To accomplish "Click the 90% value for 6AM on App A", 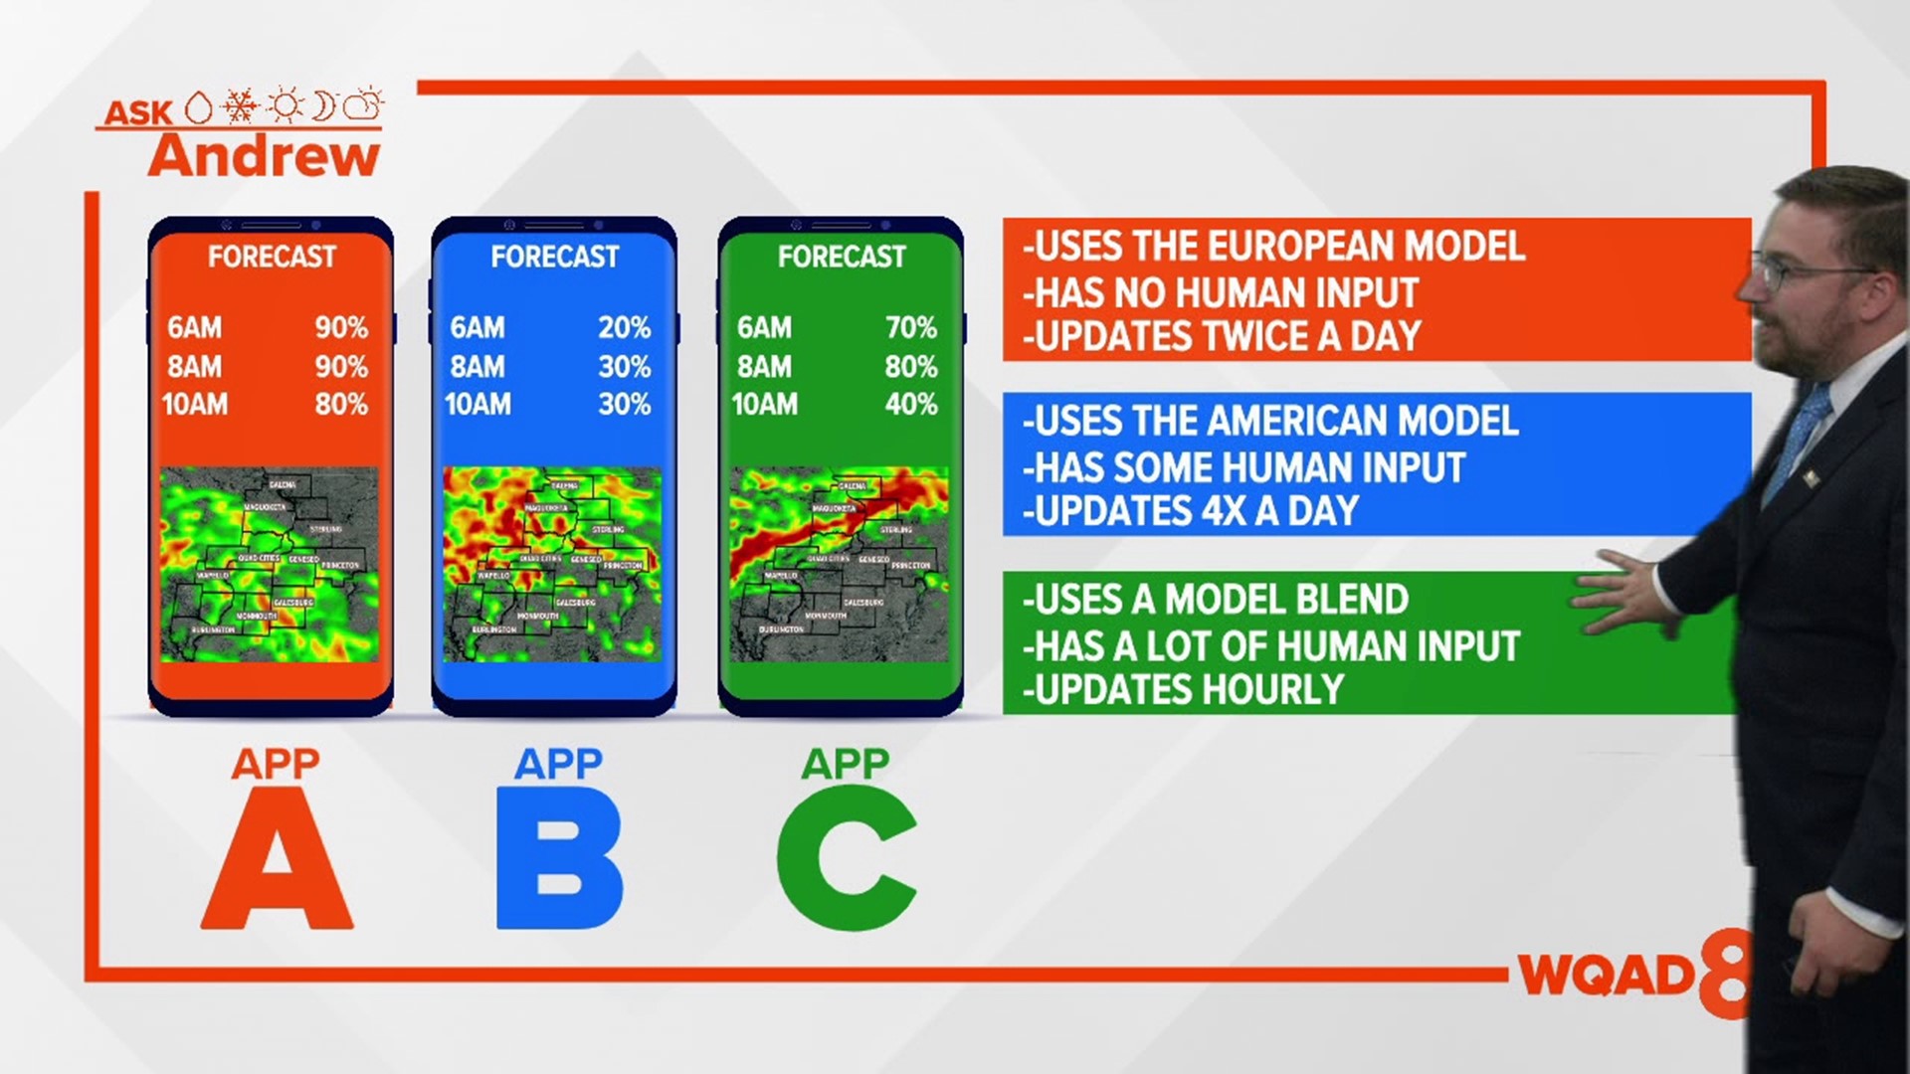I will point(341,328).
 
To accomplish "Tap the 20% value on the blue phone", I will point(624,328).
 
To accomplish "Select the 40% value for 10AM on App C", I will point(910,405).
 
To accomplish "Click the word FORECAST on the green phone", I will point(842,257).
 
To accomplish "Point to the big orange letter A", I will point(277,860).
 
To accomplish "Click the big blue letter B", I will point(559,860).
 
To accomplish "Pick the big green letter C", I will point(846,858).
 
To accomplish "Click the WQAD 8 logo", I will point(1631,975).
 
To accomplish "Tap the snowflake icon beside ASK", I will point(240,105).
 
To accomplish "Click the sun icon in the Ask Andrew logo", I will point(286,105).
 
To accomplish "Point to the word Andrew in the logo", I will point(265,157).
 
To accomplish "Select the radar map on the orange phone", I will point(270,564).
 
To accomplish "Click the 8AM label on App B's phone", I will point(477,367).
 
